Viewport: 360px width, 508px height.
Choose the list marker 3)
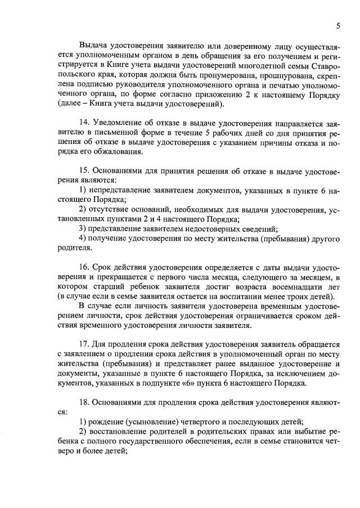83,229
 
